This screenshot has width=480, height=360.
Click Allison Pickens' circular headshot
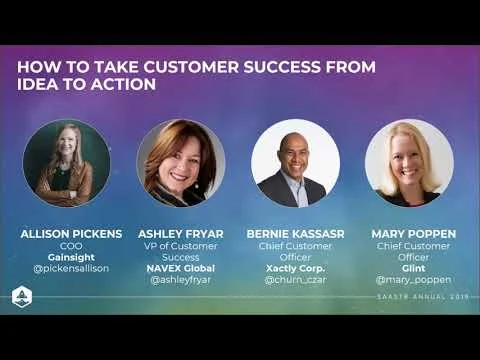tap(67, 163)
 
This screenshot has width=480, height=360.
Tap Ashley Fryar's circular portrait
tap(181, 163)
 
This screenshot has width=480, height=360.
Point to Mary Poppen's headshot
tap(409, 163)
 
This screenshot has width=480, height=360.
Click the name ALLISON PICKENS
tap(71, 234)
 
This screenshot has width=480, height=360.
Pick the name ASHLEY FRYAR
tap(181, 234)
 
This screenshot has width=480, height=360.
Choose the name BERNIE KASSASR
tap(295, 234)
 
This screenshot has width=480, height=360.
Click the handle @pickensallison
tap(71, 269)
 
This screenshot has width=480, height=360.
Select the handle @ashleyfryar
tap(181, 281)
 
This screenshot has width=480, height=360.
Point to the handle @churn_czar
tap(295, 281)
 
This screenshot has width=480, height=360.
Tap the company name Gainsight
tap(71, 257)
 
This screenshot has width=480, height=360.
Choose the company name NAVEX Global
tap(181, 269)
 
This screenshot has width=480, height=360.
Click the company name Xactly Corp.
tap(295, 269)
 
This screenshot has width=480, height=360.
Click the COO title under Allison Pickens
tap(71, 246)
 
